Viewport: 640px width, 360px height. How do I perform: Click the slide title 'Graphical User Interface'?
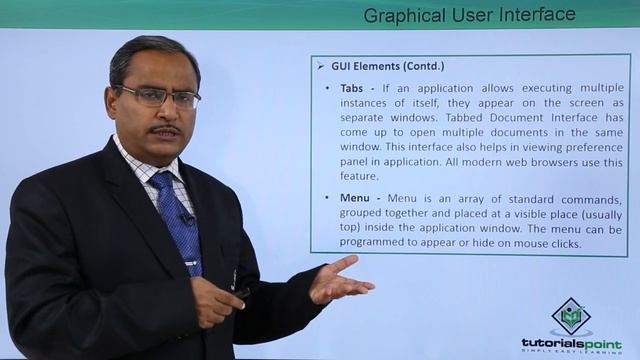click(469, 14)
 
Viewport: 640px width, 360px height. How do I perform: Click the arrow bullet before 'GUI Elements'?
click(321, 66)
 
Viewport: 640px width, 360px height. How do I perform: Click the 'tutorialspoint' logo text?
click(571, 342)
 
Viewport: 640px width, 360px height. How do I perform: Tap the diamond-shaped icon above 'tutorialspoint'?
click(571, 315)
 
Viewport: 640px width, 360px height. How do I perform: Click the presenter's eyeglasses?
click(158, 97)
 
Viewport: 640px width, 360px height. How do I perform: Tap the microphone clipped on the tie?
click(185, 216)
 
